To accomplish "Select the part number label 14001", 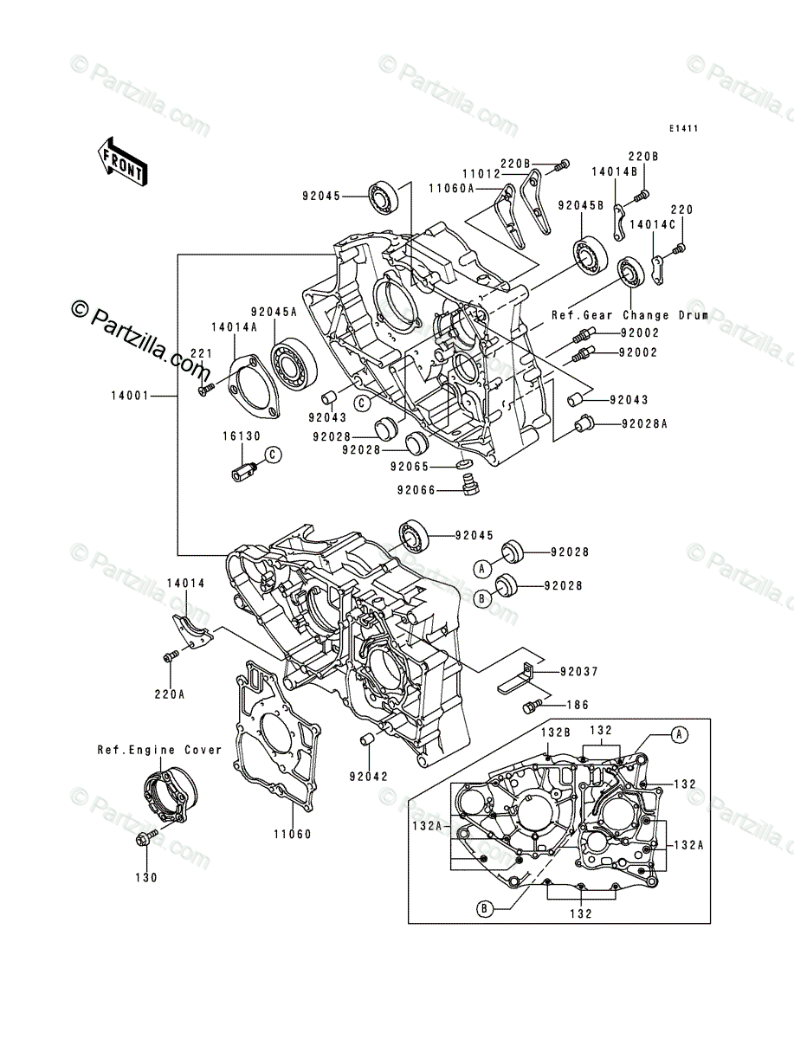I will pos(128,397).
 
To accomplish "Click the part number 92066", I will pos(419,490).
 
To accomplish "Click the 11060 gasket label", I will pos(294,835).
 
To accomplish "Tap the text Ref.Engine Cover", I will pos(159,750).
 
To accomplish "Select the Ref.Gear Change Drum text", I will pos(630,316).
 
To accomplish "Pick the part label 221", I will pos(201,353).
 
